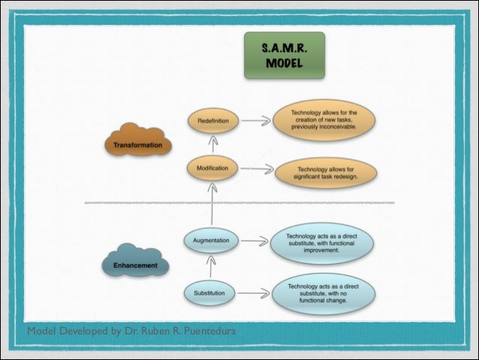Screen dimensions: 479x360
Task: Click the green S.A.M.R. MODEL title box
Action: point(283,55)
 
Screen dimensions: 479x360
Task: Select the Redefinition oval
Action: point(213,120)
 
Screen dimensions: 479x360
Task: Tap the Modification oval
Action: point(213,168)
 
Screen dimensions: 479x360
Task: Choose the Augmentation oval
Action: point(212,241)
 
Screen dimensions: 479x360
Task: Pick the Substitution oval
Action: point(210,292)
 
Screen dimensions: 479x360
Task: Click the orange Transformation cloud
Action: point(138,142)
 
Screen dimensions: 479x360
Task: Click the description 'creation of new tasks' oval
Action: point(324,120)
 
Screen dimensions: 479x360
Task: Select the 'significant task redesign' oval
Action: point(326,174)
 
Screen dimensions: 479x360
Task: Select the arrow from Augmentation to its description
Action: point(256,241)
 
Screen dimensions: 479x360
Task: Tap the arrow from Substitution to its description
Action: point(255,292)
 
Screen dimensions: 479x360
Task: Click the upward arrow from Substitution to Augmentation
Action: point(212,266)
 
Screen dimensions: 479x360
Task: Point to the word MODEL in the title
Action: point(283,63)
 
